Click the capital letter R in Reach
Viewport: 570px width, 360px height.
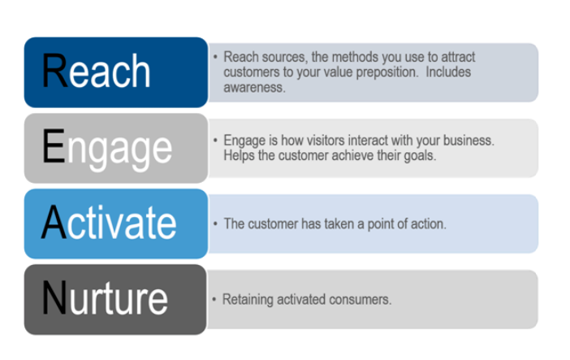(56, 72)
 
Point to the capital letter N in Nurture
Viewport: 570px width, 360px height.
(56, 298)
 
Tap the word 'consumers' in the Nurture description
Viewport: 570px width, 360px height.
(362, 299)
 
